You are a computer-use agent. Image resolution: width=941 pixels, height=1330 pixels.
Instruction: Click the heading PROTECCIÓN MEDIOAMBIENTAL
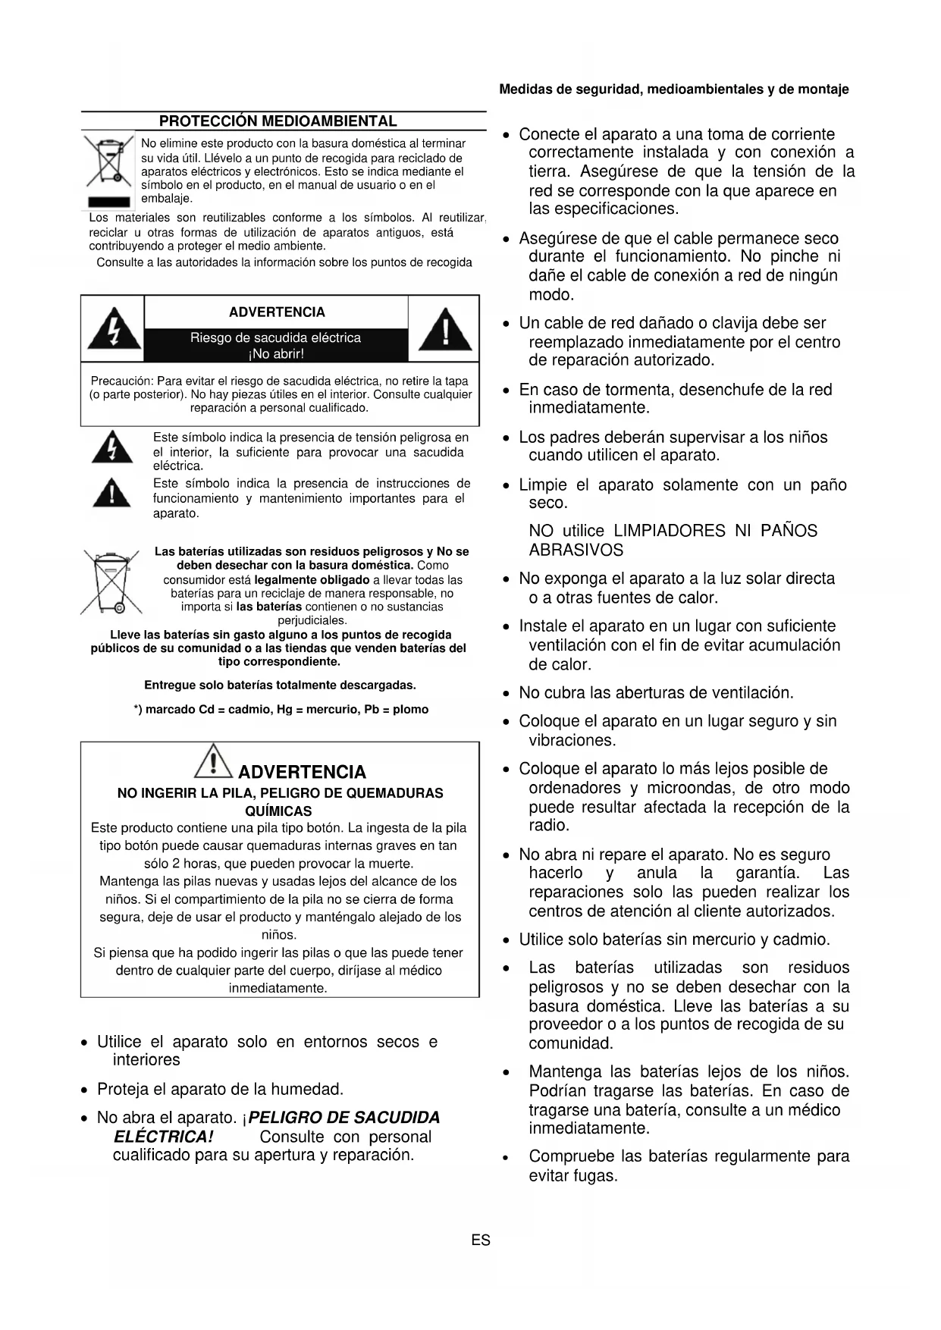(278, 121)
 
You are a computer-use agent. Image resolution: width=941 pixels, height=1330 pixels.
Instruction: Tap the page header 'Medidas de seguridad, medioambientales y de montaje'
(673, 89)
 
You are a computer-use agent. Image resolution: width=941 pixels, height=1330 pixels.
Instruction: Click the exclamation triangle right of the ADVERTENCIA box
(445, 330)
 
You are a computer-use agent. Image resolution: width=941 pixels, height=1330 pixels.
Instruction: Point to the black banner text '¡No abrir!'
(276, 354)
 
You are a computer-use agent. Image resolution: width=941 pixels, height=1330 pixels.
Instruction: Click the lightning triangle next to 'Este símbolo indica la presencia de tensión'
(112, 447)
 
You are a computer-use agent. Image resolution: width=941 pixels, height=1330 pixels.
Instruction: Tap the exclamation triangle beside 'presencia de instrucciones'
(112, 494)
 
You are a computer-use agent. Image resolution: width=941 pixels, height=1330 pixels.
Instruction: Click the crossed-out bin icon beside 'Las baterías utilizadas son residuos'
(111, 582)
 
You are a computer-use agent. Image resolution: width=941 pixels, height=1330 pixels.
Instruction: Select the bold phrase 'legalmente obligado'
(312, 580)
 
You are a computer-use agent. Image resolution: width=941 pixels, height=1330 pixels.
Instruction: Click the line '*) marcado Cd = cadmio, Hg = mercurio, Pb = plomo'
(281, 710)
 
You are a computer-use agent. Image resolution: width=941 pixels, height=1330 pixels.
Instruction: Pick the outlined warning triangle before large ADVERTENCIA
(214, 761)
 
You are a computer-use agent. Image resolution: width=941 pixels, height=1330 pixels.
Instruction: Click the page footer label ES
(481, 1241)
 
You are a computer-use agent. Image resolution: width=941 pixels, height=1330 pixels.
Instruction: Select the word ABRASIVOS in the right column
(576, 551)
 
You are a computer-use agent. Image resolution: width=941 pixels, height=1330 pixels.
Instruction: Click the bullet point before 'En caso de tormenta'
(507, 391)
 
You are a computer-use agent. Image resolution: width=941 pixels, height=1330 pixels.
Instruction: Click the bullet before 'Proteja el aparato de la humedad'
(86, 1090)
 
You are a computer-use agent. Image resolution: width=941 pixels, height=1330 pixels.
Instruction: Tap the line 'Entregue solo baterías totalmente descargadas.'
(280, 685)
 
